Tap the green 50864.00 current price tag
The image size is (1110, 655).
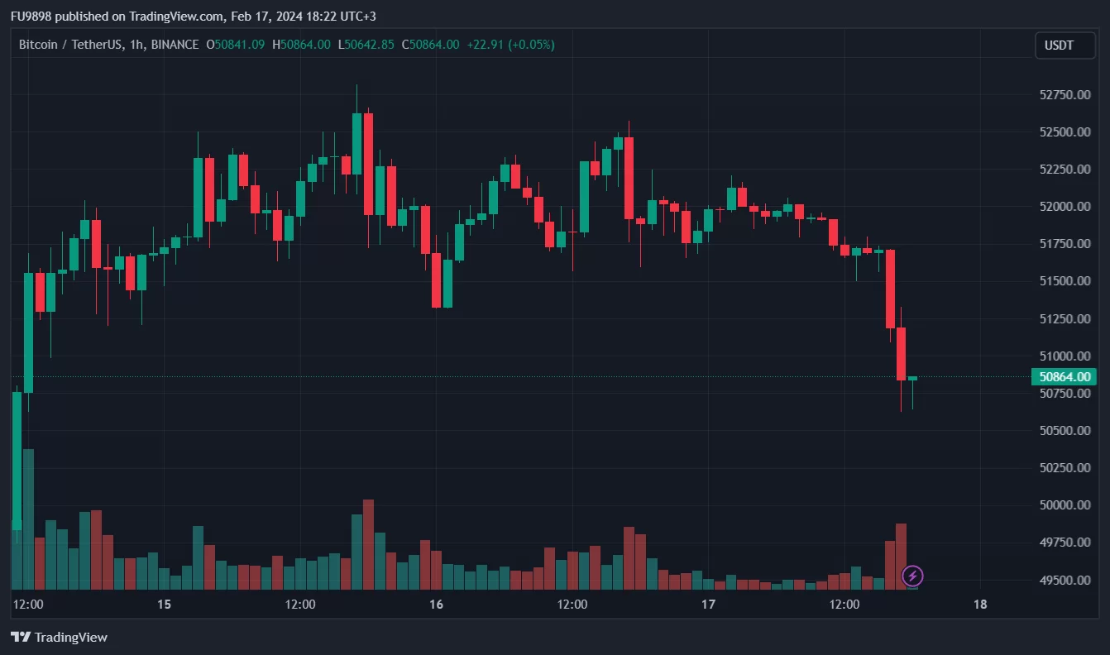pyautogui.click(x=1063, y=377)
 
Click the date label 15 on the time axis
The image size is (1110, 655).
pyautogui.click(x=164, y=605)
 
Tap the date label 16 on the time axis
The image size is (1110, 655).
pyautogui.click(x=436, y=605)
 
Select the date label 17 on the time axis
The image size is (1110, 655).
pyautogui.click(x=708, y=605)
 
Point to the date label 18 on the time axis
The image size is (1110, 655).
pyautogui.click(x=980, y=605)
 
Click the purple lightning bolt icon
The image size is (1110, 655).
pyautogui.click(x=912, y=576)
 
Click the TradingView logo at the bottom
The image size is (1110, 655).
pyautogui.click(x=59, y=637)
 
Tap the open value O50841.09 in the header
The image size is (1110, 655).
pyautogui.click(x=236, y=45)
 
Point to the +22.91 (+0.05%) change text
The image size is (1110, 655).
pyautogui.click(x=510, y=45)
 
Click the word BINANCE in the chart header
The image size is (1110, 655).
pyautogui.click(x=175, y=45)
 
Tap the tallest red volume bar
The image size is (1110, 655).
pyautogui.click(x=368, y=544)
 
